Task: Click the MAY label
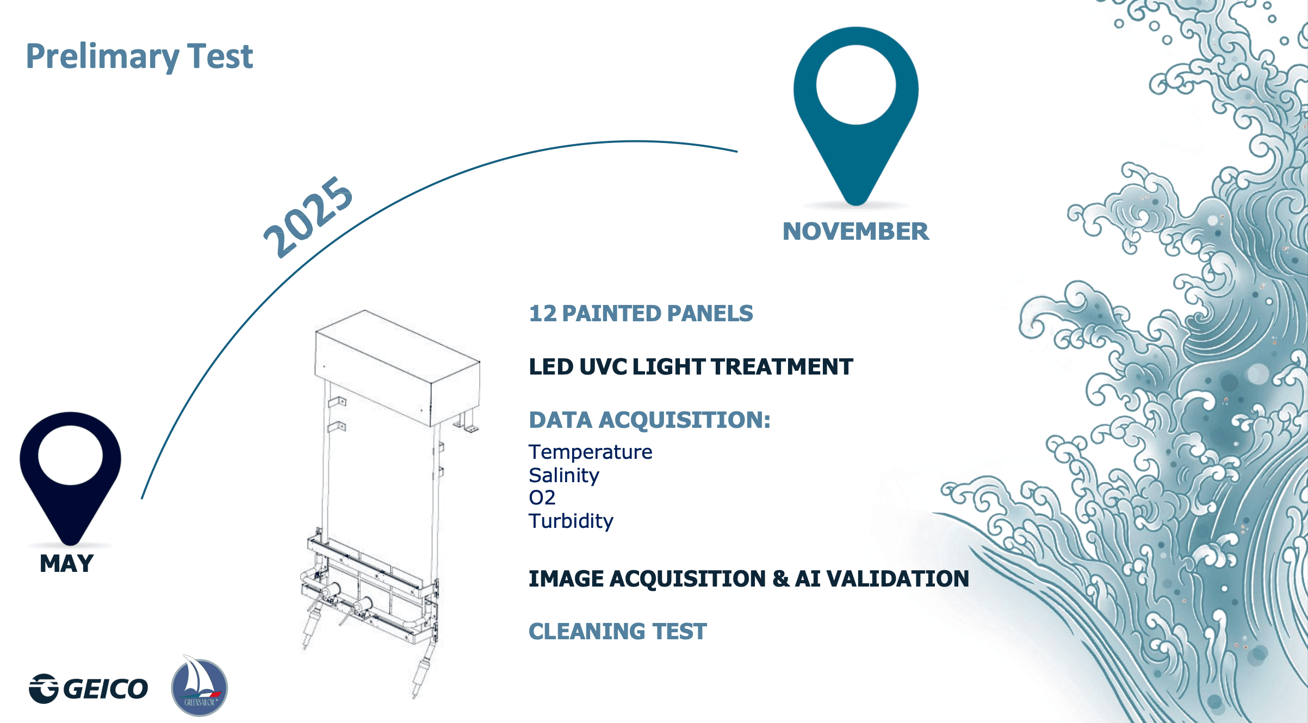click(67, 564)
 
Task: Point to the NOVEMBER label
click(856, 232)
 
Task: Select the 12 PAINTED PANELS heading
click(641, 314)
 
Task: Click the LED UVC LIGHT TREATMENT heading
click(691, 367)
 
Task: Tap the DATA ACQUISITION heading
click(650, 420)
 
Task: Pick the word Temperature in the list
click(591, 452)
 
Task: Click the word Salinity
click(564, 476)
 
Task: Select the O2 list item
click(542, 498)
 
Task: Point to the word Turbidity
click(571, 521)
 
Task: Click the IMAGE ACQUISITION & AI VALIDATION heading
click(749, 579)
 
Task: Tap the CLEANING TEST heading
click(618, 632)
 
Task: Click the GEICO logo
click(89, 689)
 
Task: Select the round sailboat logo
click(199, 686)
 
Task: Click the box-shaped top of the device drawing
click(398, 368)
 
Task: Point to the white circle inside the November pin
click(856, 85)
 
